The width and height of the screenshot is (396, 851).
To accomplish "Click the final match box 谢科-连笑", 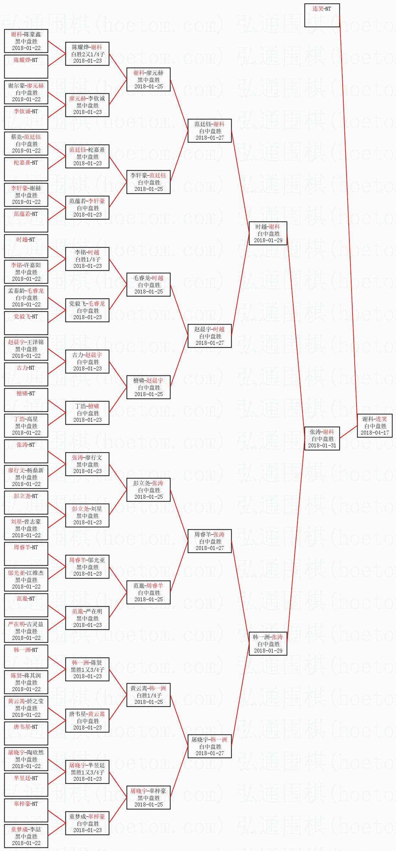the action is [375, 426].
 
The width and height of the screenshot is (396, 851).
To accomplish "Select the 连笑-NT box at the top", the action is [322, 15].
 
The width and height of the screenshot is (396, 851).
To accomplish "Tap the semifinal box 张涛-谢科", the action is [322, 439].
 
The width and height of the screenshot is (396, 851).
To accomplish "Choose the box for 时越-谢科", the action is [268, 233].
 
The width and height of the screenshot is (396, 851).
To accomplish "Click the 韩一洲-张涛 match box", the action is [268, 644].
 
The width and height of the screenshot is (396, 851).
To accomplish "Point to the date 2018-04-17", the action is [375, 433].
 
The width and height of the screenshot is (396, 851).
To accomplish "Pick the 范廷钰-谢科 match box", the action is [210, 131].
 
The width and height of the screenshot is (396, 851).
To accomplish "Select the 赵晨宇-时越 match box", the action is [210, 336].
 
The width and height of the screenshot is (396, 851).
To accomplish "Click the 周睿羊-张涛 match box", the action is [210, 541].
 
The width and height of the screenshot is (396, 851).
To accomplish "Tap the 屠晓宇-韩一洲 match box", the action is [210, 746].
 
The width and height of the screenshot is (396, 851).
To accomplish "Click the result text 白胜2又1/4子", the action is [88, 54].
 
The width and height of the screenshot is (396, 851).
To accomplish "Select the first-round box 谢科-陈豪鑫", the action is [26, 41].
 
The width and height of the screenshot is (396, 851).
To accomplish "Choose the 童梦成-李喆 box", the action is [26, 836].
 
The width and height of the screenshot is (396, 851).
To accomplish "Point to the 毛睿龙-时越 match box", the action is [148, 285].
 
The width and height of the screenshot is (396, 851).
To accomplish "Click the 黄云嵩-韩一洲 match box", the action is [148, 695].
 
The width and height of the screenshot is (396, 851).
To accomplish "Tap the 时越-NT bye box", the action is [26, 246].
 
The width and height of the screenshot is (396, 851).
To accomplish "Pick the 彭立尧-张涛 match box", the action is [148, 490].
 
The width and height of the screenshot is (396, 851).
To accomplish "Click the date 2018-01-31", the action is [322, 446].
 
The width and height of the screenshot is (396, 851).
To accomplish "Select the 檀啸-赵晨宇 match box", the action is [148, 387].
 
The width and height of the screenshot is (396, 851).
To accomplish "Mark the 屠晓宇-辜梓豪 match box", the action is [148, 798].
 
